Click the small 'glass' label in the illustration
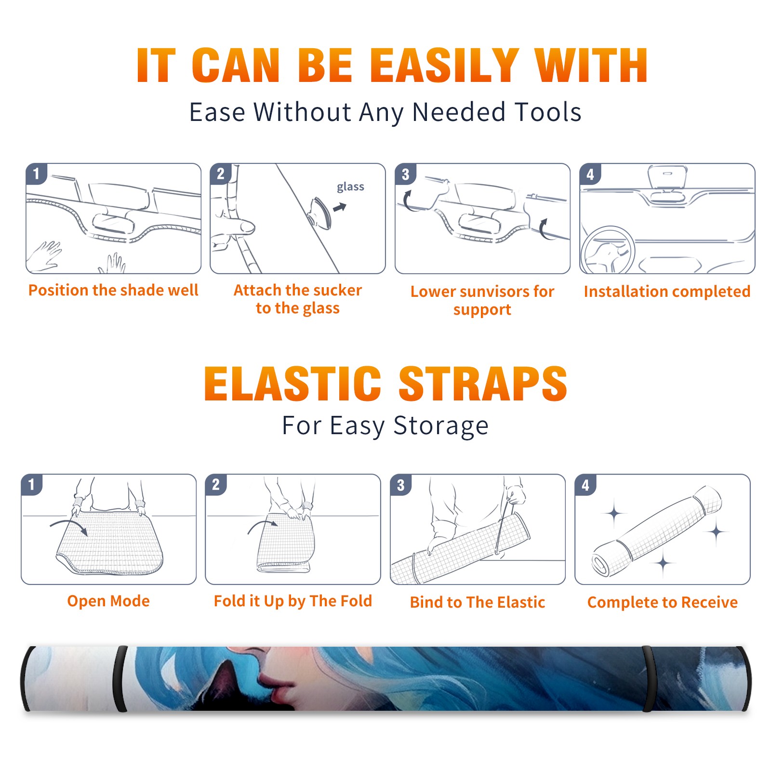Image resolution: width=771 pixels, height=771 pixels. (350, 187)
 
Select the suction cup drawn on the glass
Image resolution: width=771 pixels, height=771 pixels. (320, 213)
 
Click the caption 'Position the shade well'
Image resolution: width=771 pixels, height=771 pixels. (113, 290)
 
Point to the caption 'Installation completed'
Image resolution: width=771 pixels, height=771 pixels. (667, 292)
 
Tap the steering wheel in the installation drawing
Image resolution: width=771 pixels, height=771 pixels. (608, 250)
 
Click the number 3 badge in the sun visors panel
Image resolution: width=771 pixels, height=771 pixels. (405, 174)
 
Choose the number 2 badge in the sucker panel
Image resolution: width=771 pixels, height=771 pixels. (221, 174)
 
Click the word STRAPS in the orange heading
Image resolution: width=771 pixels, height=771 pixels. (483, 384)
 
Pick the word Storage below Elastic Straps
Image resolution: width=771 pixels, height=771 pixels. (441, 426)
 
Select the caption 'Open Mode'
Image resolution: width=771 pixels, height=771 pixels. (108, 601)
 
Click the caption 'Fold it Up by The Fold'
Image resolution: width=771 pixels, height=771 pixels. (293, 601)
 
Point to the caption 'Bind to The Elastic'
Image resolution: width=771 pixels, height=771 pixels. (478, 602)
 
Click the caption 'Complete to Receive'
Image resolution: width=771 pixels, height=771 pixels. (663, 602)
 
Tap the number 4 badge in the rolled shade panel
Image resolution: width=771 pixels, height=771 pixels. (585, 485)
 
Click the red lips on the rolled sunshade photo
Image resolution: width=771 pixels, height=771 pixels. (276, 684)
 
